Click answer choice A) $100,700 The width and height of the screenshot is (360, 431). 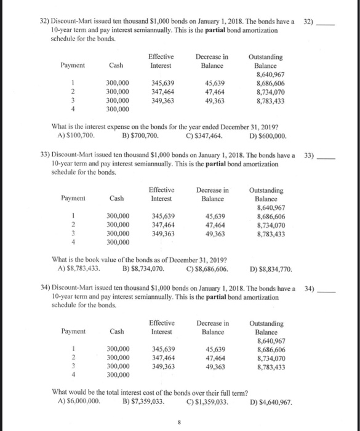76,135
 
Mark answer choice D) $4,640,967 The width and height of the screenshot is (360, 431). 276,403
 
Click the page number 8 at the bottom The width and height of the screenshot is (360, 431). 178,423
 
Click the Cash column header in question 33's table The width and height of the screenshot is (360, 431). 116,198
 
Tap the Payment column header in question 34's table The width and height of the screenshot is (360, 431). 73,331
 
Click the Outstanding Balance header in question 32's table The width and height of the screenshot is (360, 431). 266,60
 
